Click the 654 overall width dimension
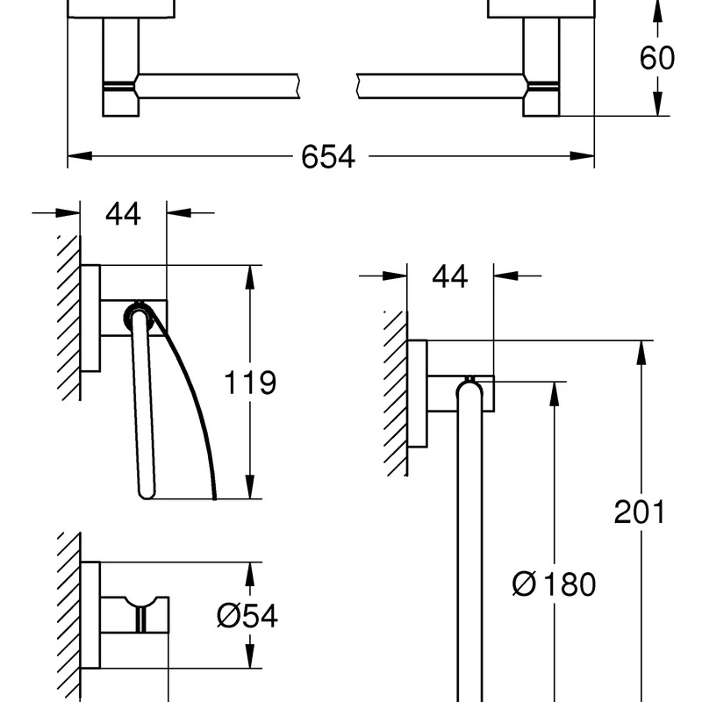327,157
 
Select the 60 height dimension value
657,58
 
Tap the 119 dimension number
251,383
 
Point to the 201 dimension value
640,512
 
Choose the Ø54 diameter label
247,616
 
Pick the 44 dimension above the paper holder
123,213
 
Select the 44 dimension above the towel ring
449,276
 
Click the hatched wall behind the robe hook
69,614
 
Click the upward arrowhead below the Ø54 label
251,654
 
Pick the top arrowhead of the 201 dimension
641,351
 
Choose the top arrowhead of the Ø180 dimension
554,391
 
